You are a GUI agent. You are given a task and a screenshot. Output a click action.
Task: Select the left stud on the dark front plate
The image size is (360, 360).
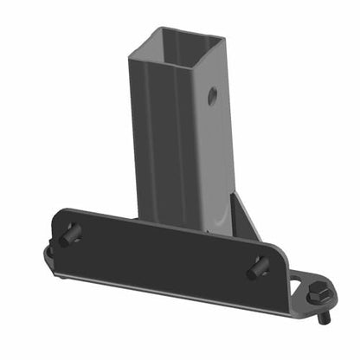click(71, 234)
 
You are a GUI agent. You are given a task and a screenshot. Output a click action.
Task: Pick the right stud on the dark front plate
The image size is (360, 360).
click(259, 267)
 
